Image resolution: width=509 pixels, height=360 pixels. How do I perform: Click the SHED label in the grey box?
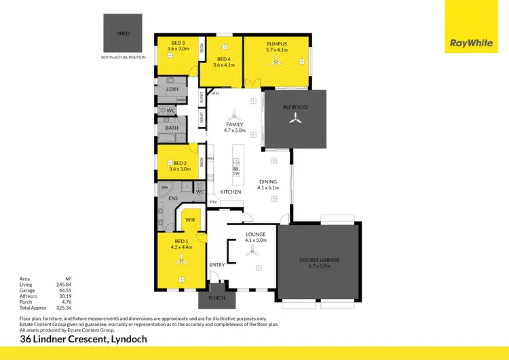point(124,33)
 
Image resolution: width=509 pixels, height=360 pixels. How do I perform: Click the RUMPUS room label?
point(277,43)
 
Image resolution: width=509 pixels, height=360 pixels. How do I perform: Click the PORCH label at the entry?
point(217,298)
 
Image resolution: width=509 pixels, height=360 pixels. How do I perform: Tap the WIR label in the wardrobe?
point(190,219)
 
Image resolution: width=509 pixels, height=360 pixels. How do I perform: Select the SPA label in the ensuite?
point(164,187)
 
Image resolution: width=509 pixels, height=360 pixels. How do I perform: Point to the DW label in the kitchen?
point(235,174)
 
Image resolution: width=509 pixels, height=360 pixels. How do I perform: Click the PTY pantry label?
point(213,202)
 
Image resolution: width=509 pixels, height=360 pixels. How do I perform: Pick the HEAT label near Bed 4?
point(215,93)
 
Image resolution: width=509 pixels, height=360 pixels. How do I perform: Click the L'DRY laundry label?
point(172,89)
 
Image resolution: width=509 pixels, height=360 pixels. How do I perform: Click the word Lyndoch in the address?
point(126,339)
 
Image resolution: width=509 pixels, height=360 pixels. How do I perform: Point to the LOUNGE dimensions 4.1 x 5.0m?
point(256,240)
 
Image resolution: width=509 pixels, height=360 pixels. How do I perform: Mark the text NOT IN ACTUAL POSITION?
point(124,57)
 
